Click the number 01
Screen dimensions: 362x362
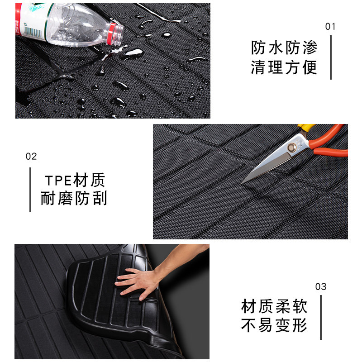point(331,27)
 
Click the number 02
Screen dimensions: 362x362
point(31,157)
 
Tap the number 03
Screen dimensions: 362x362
point(321,287)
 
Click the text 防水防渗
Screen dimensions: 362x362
point(285,48)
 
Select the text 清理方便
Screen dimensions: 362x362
point(285,67)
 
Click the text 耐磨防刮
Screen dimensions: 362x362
point(74,199)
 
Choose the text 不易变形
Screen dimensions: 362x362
point(275,326)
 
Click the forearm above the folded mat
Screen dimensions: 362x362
point(181,256)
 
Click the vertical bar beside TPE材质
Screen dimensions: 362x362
point(30,190)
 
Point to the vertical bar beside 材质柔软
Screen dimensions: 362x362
point(321,317)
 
